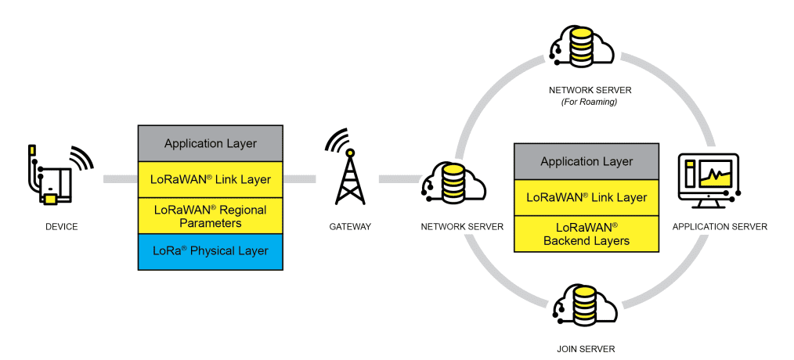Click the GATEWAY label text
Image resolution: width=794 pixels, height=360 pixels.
350,227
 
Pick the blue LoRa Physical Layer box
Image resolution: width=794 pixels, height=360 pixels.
210,251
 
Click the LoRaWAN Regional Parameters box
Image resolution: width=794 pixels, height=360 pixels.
210,215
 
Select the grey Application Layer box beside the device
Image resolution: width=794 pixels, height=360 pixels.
210,144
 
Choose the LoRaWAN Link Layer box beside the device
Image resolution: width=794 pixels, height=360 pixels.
210,179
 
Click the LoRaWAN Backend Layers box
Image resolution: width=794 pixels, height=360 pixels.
586,233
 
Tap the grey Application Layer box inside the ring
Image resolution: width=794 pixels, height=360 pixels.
586,162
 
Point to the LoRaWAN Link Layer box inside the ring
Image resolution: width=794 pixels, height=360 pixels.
586,197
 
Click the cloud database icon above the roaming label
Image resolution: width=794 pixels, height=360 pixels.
583,48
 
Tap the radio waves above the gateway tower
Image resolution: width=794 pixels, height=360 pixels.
337,140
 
